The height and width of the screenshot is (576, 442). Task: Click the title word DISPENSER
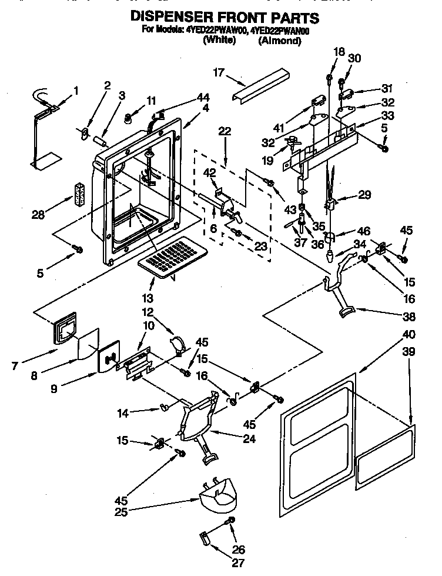[x=174, y=18]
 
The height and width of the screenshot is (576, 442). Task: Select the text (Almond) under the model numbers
[x=279, y=41]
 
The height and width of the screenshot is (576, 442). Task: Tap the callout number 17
[x=219, y=73]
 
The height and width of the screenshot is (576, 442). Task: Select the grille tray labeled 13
[x=175, y=254]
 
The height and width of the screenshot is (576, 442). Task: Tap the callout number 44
[x=203, y=96]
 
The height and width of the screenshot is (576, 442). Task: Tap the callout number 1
[x=75, y=91]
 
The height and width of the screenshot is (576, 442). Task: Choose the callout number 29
[x=366, y=195]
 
